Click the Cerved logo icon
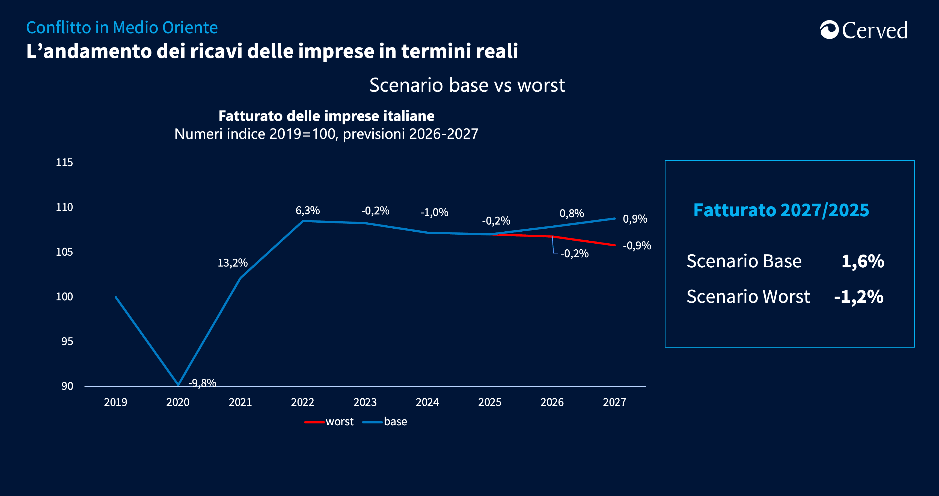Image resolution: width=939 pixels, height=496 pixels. pyautogui.click(x=829, y=30)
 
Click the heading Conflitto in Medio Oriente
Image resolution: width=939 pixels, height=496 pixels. pyautogui.click(x=122, y=28)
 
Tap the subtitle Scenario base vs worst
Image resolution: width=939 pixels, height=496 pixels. pyautogui.click(x=467, y=85)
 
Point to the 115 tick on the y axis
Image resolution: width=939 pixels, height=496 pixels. pyautogui.click(x=64, y=163)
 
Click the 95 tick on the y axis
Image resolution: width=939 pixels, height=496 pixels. pyautogui.click(x=67, y=342)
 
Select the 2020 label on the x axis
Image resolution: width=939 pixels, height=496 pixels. pyautogui.click(x=178, y=402)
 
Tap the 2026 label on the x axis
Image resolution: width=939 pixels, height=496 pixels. pyautogui.click(x=552, y=402)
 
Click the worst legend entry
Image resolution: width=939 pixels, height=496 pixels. pyautogui.click(x=339, y=422)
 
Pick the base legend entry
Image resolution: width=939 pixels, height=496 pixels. pyautogui.click(x=395, y=422)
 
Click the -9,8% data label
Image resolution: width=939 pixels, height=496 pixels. pyautogui.click(x=202, y=383)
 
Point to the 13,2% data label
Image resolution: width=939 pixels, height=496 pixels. pyautogui.click(x=233, y=263)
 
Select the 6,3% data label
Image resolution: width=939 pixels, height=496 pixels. pyautogui.click(x=307, y=211)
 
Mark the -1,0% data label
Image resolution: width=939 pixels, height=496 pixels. pyautogui.click(x=434, y=213)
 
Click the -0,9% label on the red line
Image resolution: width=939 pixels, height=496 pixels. pyautogui.click(x=637, y=246)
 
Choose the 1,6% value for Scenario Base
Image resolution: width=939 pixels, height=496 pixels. pyautogui.click(x=863, y=261)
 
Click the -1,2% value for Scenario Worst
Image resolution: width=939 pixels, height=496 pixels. pyautogui.click(x=859, y=297)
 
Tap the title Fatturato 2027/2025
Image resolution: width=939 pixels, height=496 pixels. pyautogui.click(x=781, y=210)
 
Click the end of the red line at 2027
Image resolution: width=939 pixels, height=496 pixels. pyautogui.click(x=614, y=245)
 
